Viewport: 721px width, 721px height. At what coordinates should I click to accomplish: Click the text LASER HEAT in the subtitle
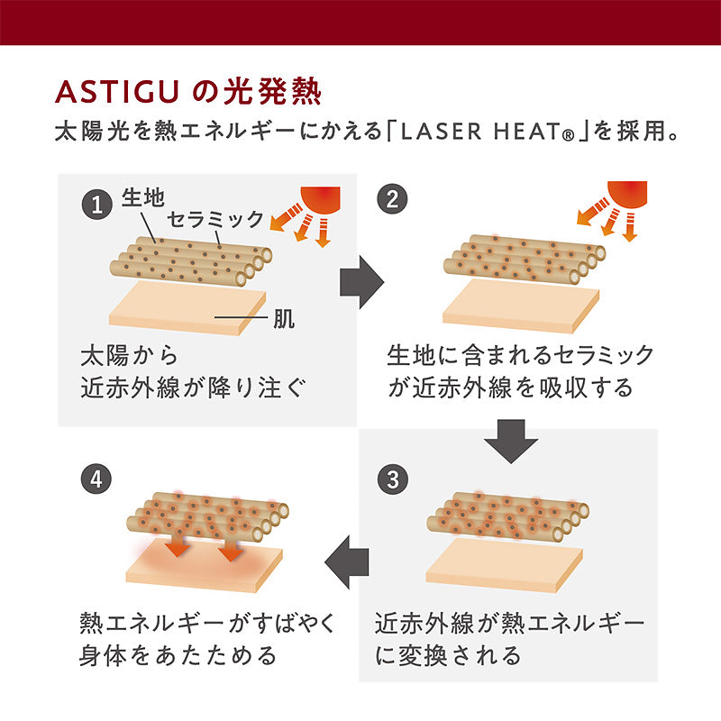pos(485,131)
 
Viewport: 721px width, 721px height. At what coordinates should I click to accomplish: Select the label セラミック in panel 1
pos(216,219)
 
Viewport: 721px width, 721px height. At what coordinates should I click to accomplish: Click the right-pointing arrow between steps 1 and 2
pos(361,282)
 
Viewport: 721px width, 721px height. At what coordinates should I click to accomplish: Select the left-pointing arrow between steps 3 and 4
pos(346,564)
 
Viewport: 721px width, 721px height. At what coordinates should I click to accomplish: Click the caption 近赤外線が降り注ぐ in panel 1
pos(195,388)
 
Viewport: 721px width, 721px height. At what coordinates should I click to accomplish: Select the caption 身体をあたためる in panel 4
pos(178,654)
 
